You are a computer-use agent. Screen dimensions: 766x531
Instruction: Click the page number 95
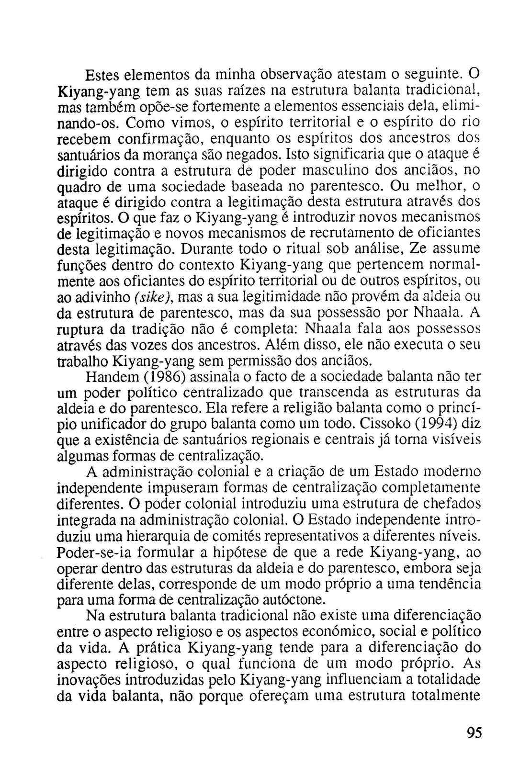coord(473,733)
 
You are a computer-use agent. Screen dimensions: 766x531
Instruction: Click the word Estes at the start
coord(102,75)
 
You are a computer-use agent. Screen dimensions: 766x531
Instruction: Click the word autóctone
coord(299,599)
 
